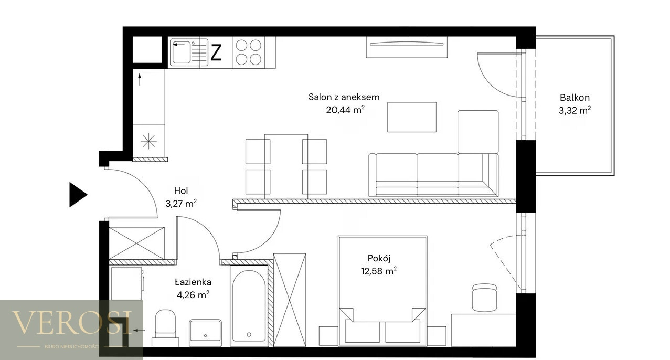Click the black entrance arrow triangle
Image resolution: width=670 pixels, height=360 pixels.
point(77,195)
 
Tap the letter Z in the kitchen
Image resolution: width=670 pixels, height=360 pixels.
point(216,52)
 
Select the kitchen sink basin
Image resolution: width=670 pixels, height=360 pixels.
point(181,52)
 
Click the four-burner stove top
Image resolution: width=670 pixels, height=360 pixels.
point(248,52)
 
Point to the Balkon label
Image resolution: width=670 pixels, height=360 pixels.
point(575,98)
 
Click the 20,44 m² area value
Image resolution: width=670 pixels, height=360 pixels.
point(345,110)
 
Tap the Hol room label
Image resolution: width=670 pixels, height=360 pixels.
point(181,190)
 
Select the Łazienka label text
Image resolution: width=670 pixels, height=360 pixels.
point(193,282)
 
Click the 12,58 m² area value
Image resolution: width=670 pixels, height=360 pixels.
point(379,271)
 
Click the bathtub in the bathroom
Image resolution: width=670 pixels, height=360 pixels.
point(249,306)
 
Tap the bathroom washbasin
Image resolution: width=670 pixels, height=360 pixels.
point(205,331)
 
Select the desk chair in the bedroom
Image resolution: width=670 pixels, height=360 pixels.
point(485,298)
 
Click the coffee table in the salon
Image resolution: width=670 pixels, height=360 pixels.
point(412,117)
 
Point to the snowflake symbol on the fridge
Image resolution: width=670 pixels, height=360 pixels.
point(148,141)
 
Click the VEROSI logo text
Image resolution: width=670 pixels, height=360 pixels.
point(72,323)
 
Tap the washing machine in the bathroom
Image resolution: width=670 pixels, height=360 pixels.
point(127,283)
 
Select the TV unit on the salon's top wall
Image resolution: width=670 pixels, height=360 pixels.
point(407,47)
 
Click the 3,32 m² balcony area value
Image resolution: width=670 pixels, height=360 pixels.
point(575,110)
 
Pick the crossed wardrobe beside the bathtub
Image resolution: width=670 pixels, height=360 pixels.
point(290,300)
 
